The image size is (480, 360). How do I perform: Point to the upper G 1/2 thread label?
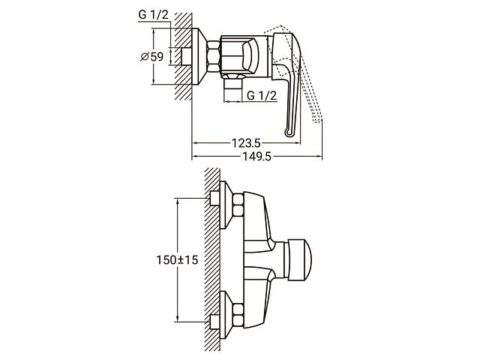(x=152, y=16)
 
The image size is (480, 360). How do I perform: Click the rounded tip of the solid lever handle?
(x=289, y=133)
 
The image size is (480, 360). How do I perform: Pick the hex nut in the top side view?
(x=211, y=57)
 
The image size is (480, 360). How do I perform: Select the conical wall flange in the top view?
(x=196, y=57)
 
